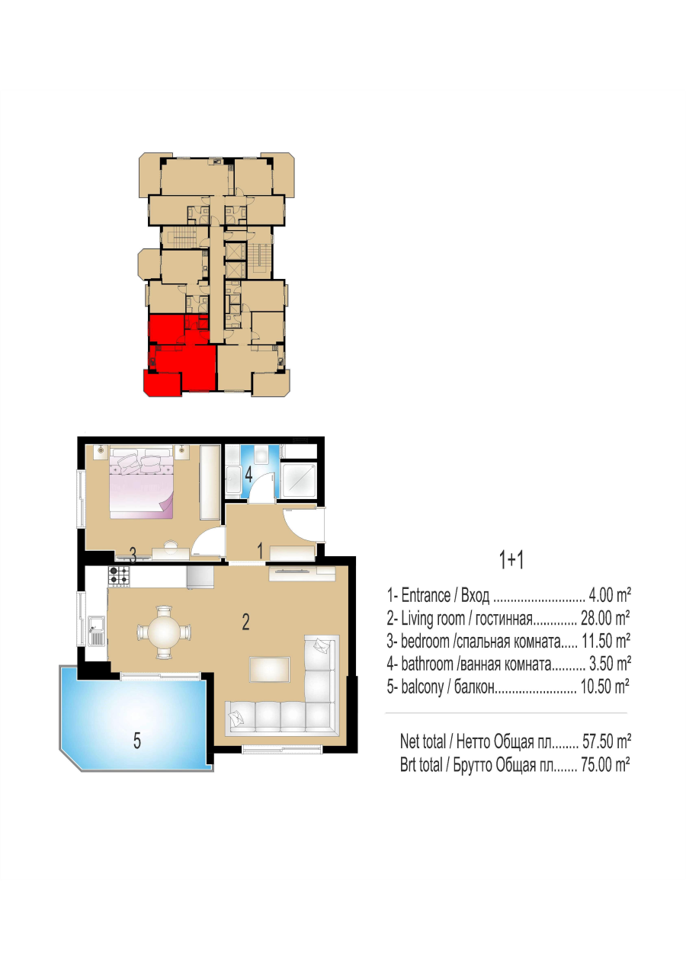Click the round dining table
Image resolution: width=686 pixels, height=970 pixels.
(165, 633)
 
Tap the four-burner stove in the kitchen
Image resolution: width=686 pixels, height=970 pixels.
(119, 576)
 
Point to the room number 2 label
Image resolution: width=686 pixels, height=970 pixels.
(245, 623)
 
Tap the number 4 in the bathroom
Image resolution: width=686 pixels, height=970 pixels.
(248, 475)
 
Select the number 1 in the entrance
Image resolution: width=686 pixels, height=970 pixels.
(260, 551)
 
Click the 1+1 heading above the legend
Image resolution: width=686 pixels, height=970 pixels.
(511, 560)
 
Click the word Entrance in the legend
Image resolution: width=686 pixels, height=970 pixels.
(426, 596)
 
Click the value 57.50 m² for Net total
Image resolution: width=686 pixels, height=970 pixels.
(606, 742)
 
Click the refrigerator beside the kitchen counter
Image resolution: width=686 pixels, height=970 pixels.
(200, 578)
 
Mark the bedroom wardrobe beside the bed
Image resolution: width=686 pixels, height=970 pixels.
(210, 483)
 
